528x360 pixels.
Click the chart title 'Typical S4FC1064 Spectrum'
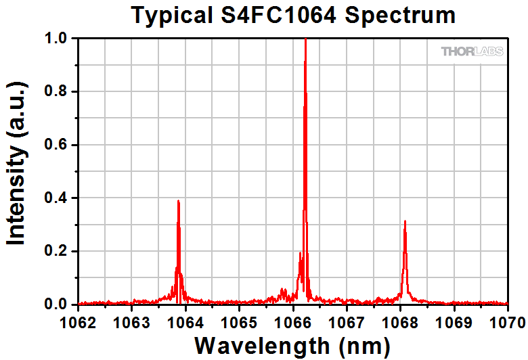293,15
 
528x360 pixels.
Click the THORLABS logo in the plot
472,51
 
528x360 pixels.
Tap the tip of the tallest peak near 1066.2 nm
305,40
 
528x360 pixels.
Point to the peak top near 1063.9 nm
178,201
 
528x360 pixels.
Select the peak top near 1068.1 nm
405,221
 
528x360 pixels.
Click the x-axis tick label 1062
79,320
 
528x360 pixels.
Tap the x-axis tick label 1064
185,320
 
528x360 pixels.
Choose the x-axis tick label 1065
239,320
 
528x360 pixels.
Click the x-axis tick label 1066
292,320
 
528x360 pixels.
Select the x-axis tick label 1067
346,320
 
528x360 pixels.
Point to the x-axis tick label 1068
399,320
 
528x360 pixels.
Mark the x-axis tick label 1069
454,320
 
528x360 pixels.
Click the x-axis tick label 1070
506,320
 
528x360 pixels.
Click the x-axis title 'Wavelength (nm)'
292,345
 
